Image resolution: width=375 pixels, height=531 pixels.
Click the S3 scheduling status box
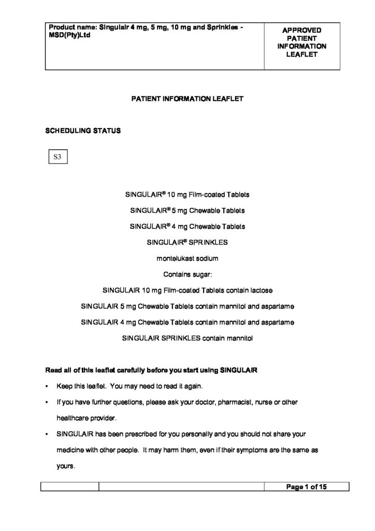[57, 156]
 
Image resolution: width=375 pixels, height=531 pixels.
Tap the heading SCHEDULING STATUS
[83, 130]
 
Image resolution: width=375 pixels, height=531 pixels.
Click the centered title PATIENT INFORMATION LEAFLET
[187, 97]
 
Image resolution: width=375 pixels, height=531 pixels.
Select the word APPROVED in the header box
[301, 30]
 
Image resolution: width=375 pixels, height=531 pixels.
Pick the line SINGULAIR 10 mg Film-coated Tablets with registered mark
[187, 195]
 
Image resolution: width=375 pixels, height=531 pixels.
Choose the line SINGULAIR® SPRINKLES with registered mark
[187, 242]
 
